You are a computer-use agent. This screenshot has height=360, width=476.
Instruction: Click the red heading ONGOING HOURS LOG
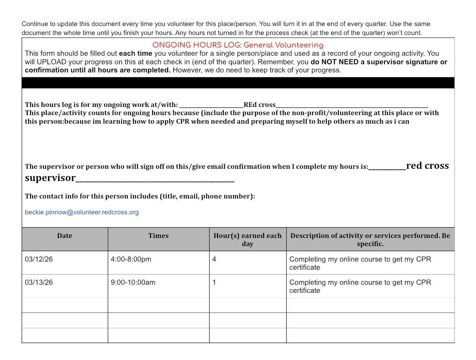238,45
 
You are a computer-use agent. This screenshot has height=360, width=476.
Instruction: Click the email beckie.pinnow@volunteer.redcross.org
82,212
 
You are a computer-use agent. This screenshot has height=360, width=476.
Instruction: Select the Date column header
65,236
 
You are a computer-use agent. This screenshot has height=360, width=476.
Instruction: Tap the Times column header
158,236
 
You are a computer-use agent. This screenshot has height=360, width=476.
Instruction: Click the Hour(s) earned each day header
247,240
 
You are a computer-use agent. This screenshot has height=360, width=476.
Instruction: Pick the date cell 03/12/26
39,260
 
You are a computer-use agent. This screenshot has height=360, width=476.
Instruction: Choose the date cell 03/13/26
39,283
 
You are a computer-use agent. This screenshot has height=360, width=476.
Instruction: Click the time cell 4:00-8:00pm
131,260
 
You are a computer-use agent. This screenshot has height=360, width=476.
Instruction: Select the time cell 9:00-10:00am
133,283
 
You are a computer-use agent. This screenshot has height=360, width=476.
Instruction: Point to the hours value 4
214,260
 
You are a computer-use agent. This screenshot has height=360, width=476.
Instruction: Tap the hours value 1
214,283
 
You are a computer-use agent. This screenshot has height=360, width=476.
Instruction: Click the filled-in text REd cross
260,105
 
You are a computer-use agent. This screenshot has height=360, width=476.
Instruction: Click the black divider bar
238,83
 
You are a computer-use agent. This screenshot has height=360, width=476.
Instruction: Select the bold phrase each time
135,54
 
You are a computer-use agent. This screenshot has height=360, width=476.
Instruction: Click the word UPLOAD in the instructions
52,62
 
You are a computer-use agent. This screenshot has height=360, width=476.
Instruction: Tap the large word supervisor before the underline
50,178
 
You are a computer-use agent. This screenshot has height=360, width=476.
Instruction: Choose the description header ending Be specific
370,240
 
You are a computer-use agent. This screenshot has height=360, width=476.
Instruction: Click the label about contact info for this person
140,196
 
